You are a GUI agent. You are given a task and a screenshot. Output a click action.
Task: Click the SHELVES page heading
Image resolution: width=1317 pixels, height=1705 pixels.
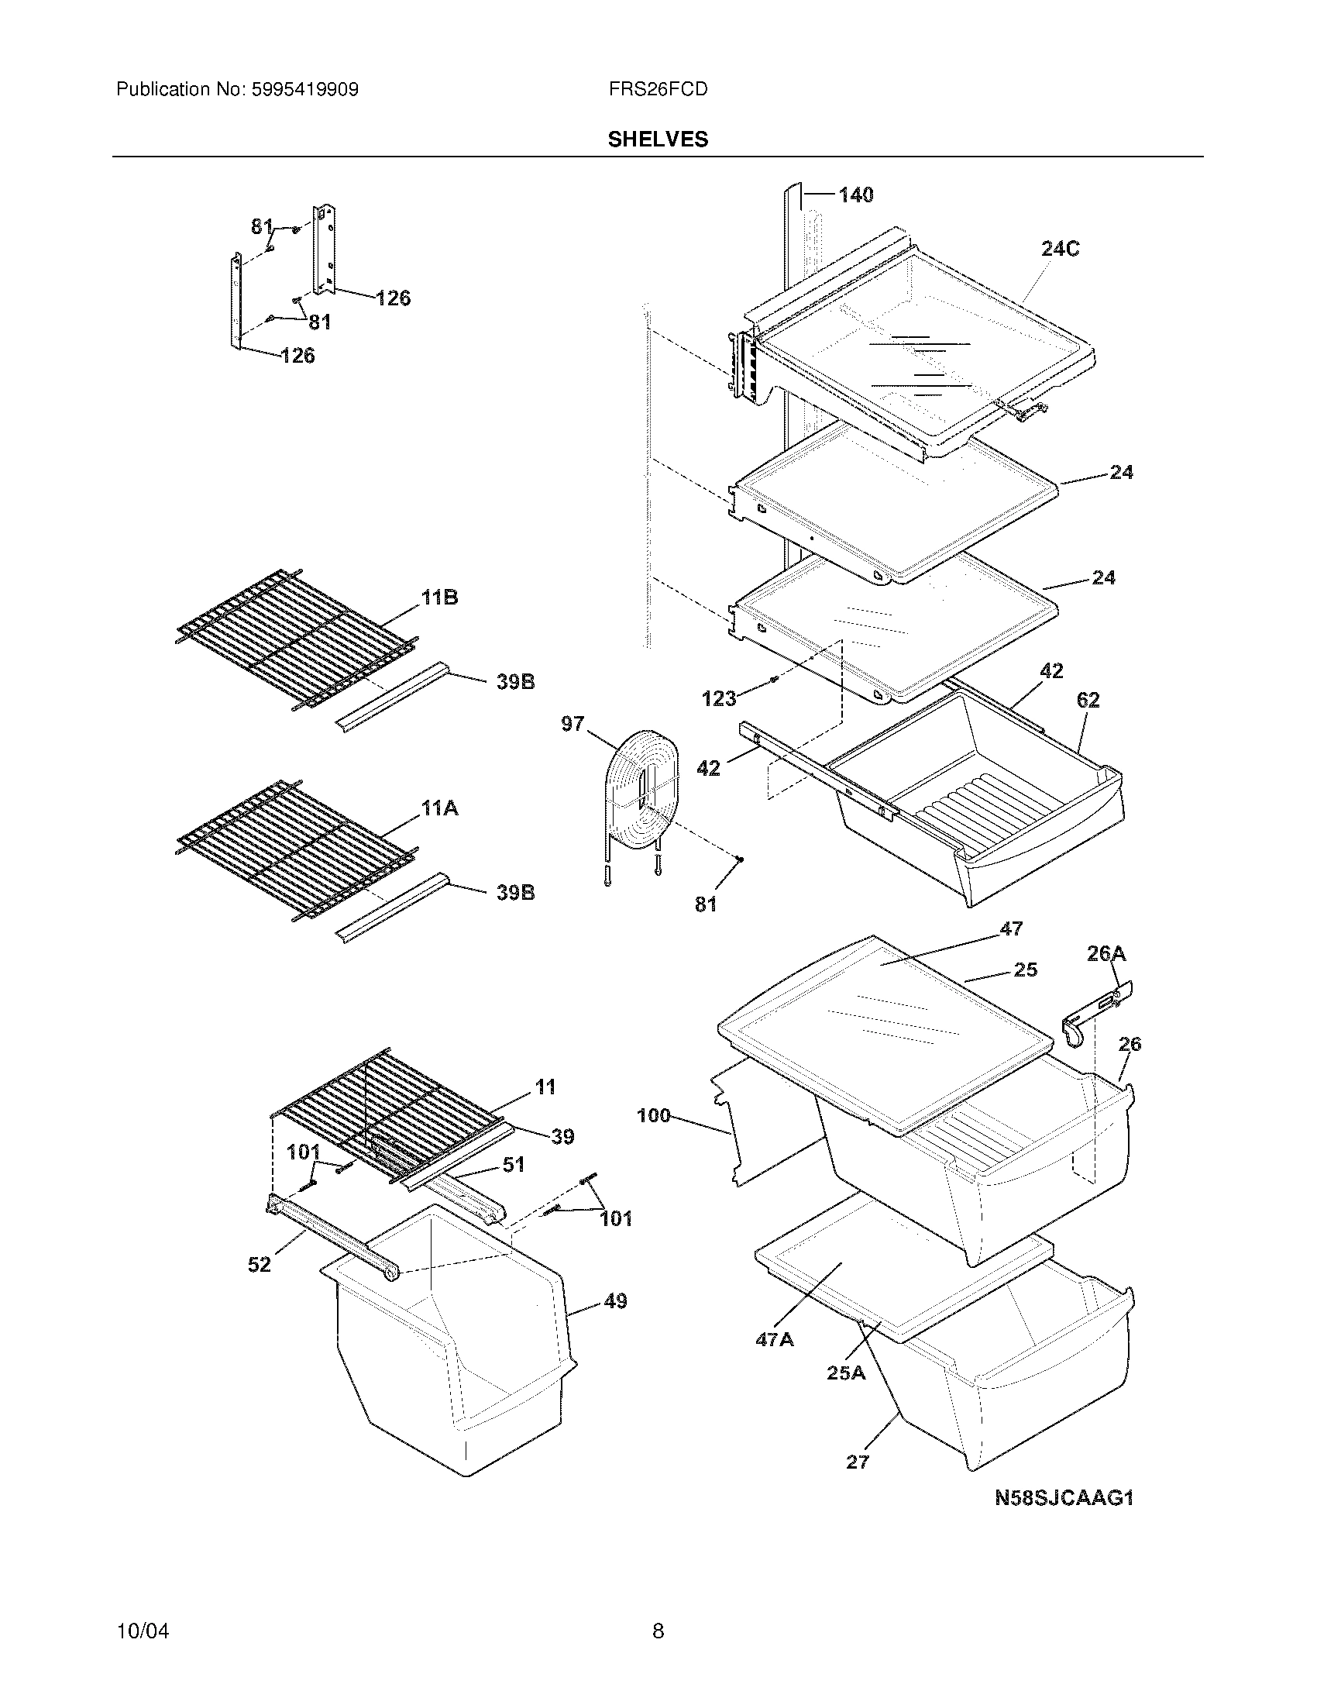pos(658,139)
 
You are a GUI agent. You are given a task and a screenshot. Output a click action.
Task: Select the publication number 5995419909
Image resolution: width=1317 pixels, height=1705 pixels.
pos(304,90)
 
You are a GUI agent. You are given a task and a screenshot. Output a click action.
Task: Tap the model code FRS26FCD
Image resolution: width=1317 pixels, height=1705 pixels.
pos(658,90)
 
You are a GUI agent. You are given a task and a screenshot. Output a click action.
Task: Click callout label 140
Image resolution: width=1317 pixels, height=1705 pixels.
pos(856,195)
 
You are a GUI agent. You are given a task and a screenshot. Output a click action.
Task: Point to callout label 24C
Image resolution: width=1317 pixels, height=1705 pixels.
pos(1061,249)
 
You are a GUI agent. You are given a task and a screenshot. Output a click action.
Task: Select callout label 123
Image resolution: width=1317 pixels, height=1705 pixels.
pos(719,698)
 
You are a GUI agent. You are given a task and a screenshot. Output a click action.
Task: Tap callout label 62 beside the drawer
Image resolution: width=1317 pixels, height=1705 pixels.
pos(1088,700)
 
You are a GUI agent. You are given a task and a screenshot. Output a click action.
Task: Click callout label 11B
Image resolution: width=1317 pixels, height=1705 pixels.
pos(439,598)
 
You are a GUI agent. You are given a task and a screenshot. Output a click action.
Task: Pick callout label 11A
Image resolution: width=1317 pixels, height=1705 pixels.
pos(439,808)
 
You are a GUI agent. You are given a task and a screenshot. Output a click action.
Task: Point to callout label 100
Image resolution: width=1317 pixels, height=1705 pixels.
pos(654,1115)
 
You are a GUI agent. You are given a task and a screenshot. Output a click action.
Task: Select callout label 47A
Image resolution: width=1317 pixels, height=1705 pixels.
pos(774,1340)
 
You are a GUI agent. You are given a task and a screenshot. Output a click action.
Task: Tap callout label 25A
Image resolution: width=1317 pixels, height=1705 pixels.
pos(846,1373)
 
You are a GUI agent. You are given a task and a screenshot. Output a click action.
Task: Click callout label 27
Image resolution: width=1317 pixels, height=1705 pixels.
pos(857,1462)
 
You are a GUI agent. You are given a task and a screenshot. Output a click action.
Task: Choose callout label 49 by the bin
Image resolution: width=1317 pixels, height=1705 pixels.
pos(615,1301)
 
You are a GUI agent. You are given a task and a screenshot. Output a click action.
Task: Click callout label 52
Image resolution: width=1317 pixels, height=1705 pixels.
pos(259,1264)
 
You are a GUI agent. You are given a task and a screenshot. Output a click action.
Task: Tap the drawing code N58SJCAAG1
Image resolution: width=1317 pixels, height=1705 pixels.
pos(1064,1498)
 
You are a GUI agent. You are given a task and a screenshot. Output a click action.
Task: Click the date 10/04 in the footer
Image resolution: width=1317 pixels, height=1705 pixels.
pos(143,1631)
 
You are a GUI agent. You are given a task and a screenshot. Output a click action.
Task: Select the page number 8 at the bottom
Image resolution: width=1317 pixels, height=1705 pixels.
pos(658,1631)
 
